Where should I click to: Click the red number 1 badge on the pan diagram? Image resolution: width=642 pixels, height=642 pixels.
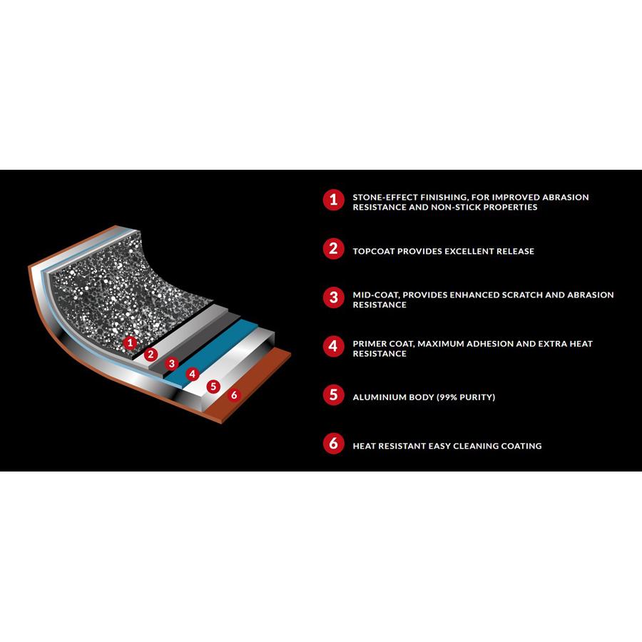click(131, 342)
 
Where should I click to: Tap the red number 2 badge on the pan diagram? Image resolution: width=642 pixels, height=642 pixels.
click(151, 354)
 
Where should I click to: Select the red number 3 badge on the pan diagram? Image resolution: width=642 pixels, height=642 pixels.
click(172, 363)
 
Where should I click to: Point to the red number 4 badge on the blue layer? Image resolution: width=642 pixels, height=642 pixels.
click(193, 373)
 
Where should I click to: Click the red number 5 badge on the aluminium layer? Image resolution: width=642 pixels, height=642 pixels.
click(213, 386)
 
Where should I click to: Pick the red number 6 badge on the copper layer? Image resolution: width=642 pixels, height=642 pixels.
click(234, 395)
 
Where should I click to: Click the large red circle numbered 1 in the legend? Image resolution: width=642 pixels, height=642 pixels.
click(334, 200)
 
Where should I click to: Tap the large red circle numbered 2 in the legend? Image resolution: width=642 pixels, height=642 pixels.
click(334, 248)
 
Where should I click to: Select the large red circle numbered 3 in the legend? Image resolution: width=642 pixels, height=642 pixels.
click(334, 297)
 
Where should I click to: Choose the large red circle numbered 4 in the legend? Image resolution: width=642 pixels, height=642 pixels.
click(334, 347)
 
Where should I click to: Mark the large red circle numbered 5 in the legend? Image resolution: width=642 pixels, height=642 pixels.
click(334, 395)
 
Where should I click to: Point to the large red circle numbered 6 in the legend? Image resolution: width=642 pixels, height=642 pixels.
click(334, 444)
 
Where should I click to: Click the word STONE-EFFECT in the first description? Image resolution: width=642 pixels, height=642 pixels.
click(385, 198)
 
